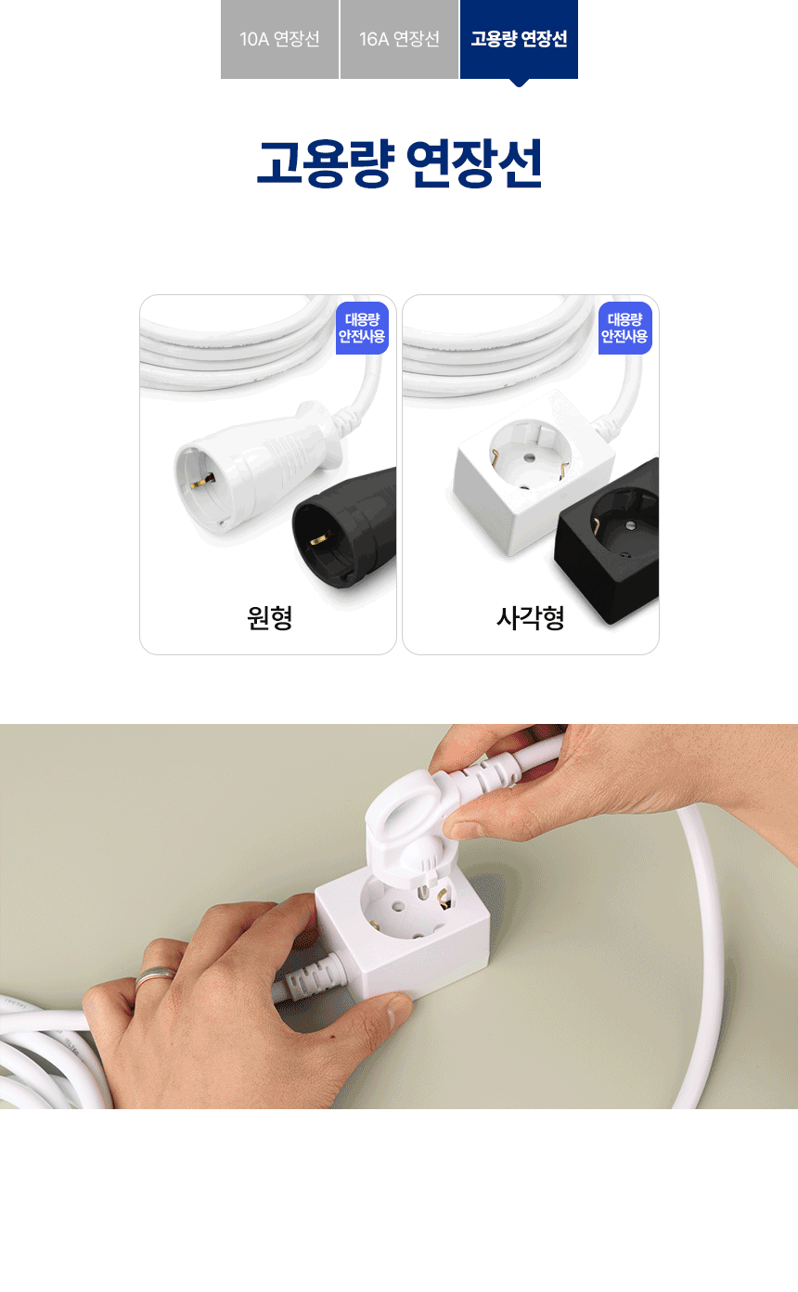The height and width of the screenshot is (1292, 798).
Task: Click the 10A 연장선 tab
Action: coord(279,39)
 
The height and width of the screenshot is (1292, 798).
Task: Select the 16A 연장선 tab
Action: coord(399,39)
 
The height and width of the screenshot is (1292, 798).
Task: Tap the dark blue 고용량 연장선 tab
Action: coord(519,39)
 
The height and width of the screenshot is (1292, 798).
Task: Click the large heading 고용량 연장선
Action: coord(399,163)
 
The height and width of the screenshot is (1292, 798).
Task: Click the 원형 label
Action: coord(269,618)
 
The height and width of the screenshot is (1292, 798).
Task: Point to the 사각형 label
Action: coord(531,618)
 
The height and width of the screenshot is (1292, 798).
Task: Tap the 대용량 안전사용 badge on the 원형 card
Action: coord(362,328)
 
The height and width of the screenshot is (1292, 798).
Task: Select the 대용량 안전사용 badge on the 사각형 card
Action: coord(625,328)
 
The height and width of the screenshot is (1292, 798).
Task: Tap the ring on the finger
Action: coord(156,975)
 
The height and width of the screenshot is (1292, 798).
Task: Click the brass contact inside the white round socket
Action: coord(202,479)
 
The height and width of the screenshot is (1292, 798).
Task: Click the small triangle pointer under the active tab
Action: coord(519,83)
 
